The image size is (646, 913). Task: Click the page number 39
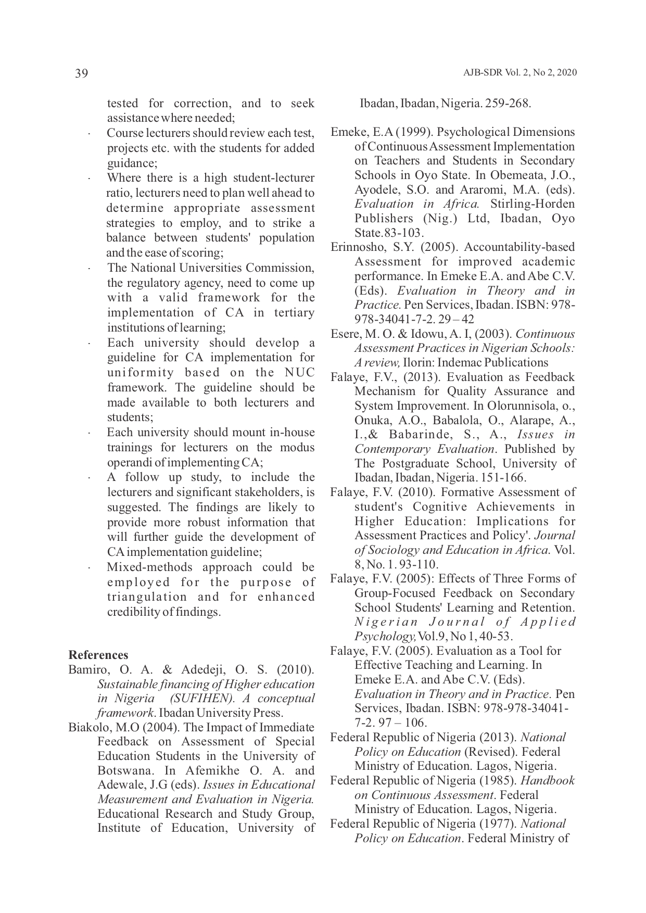(x=82, y=73)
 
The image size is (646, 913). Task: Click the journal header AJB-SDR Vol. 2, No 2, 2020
(x=520, y=73)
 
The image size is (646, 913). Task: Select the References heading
(x=98, y=655)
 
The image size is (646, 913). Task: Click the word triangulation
(x=147, y=597)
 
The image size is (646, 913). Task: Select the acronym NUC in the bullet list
(x=300, y=373)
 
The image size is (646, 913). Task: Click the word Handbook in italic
(x=548, y=781)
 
